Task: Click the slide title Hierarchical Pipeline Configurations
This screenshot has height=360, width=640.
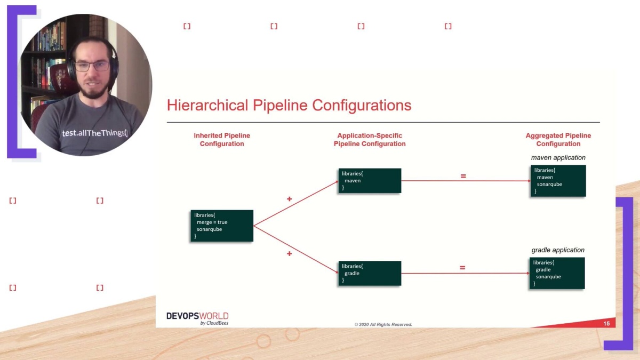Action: [289, 105]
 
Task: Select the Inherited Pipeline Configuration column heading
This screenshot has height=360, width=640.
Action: [222, 140]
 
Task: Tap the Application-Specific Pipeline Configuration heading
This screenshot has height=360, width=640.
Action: [370, 140]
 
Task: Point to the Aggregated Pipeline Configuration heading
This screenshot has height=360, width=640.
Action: [558, 140]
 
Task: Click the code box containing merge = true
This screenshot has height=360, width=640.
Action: [222, 226]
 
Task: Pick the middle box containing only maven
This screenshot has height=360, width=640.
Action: [370, 181]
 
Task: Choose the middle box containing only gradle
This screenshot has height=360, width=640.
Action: [370, 273]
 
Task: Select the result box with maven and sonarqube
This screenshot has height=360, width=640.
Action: [558, 181]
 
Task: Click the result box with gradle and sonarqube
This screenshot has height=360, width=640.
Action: [557, 273]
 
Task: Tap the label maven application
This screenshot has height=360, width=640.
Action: [558, 158]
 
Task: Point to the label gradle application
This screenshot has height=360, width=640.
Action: [558, 250]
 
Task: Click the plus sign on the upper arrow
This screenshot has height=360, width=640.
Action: [290, 199]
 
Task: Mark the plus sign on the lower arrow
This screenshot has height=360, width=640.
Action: [290, 254]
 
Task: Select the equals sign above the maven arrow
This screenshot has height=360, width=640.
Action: [463, 175]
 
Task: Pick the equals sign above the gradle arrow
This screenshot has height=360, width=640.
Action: [462, 268]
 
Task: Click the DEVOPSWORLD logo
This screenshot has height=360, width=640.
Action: [197, 318]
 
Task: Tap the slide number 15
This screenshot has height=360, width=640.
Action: [606, 324]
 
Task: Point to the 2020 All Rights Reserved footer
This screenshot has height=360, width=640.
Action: [383, 324]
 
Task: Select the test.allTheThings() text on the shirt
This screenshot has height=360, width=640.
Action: [95, 133]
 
